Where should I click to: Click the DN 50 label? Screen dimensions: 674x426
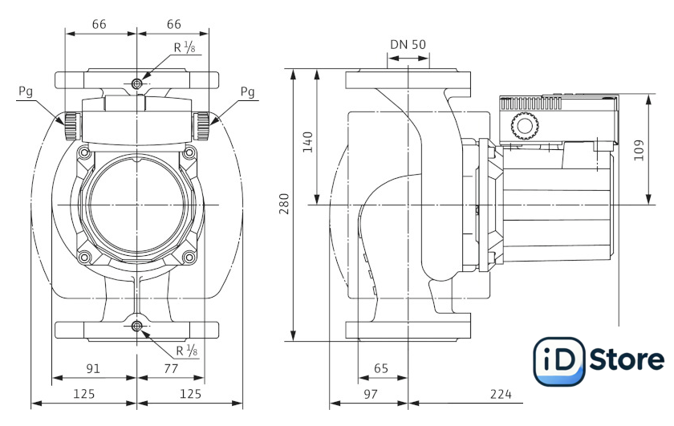pos(408,45)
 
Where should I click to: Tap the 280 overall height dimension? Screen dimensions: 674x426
pos(285,204)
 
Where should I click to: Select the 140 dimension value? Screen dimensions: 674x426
pos(308,142)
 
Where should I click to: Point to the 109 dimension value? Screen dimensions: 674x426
pos(639,150)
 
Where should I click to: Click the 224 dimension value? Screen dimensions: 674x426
pos(501,394)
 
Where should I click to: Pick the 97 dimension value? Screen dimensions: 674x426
pos(371,394)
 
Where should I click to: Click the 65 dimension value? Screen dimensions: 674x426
pos(381,368)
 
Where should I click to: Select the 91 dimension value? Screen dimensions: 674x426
pos(93,368)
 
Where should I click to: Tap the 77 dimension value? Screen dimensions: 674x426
pos(171,368)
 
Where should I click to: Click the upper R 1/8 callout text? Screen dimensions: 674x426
pos(185,47)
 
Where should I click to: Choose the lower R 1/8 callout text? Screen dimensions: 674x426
pos(187,351)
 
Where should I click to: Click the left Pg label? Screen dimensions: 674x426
pos(26,92)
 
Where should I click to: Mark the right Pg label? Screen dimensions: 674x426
pos(247,92)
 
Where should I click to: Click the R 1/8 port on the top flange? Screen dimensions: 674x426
pos(136,83)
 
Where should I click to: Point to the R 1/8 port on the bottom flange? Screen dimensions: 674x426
pos(136,327)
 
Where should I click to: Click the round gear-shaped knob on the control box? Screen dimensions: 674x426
pos(525,126)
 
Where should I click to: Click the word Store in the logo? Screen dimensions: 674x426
pos(627,359)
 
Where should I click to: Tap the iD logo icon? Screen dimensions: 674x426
pos(558,361)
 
